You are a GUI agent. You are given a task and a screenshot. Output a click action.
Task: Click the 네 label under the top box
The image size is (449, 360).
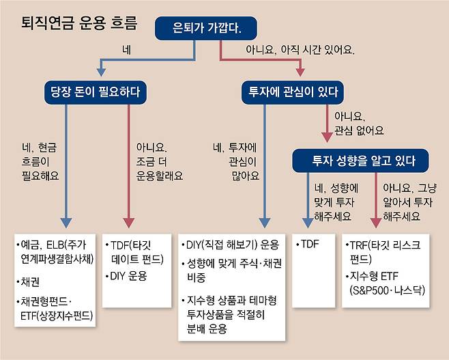click(x=126, y=50)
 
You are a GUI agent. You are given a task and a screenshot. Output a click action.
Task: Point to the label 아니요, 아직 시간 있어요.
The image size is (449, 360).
click(x=300, y=50)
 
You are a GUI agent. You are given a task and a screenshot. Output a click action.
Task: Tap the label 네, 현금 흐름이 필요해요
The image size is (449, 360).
click(x=40, y=161)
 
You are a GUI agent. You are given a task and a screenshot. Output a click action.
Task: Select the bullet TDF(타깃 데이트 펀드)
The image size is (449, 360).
click(x=136, y=251)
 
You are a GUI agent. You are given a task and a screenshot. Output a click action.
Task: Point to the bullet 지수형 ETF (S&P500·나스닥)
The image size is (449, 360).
click(x=386, y=283)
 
